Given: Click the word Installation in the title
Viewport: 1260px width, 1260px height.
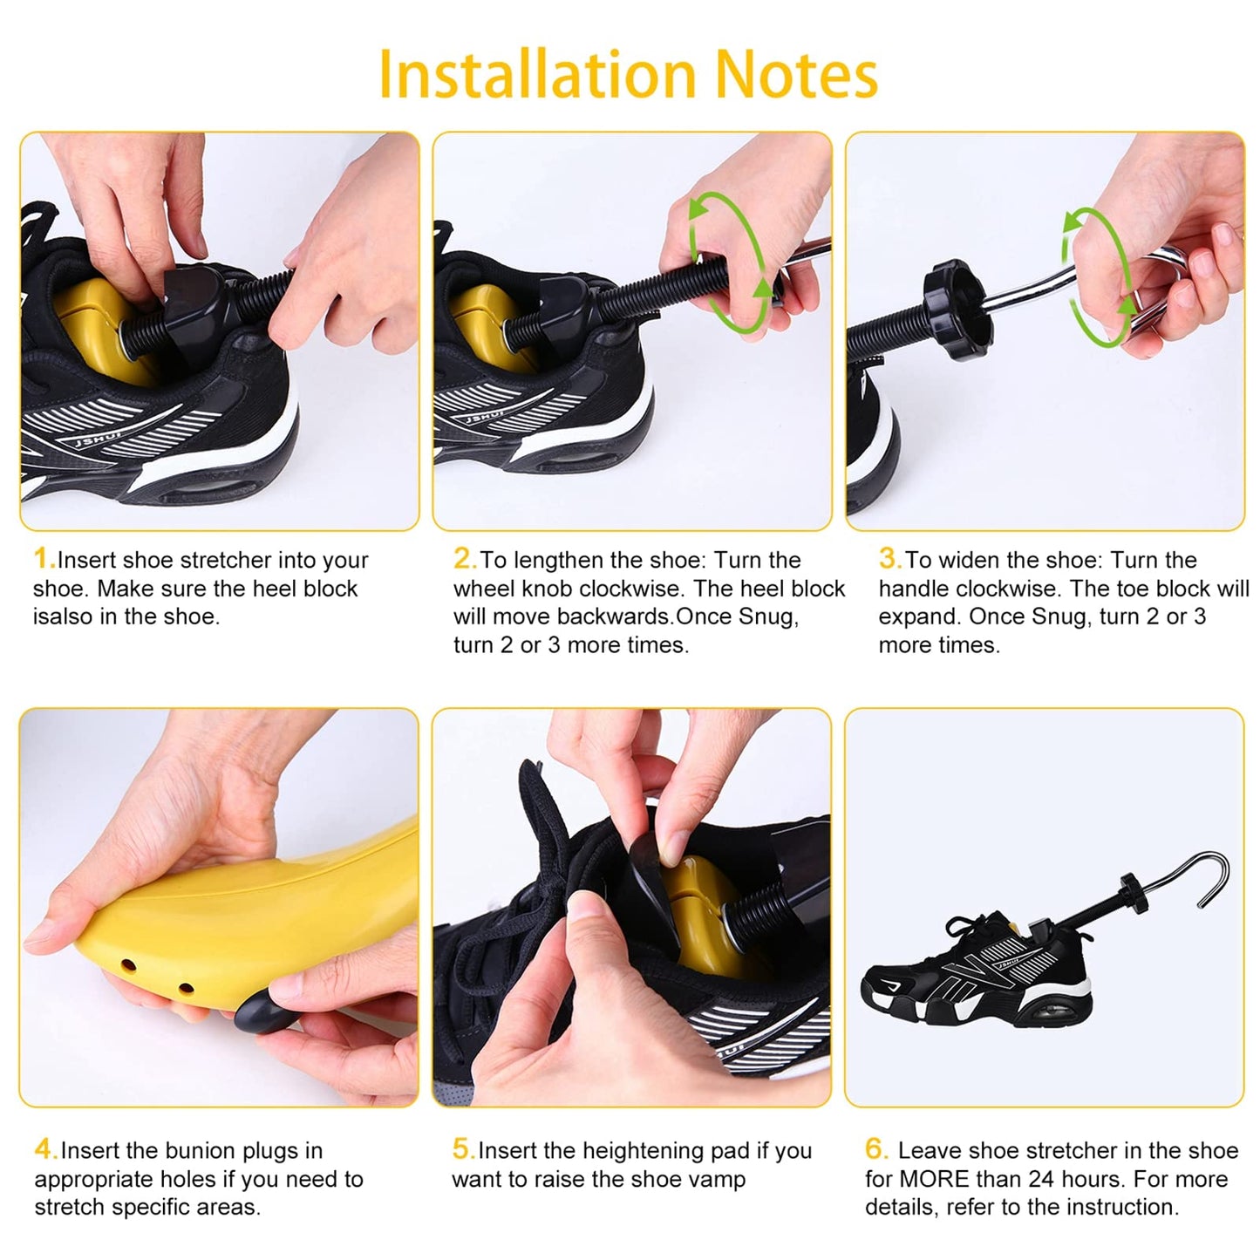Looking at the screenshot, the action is point(537,75).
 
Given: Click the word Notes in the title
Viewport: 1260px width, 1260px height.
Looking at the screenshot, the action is point(796,75).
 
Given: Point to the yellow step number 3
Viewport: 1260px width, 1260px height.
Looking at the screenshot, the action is point(890,559).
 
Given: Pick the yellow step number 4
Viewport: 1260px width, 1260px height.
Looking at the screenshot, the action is point(46,1149).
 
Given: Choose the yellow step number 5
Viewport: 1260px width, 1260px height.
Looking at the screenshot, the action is point(464,1149).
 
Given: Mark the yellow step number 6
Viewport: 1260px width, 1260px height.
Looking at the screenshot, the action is point(876,1149).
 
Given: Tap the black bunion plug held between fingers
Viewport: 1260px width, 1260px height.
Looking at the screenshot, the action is point(260,1011).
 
